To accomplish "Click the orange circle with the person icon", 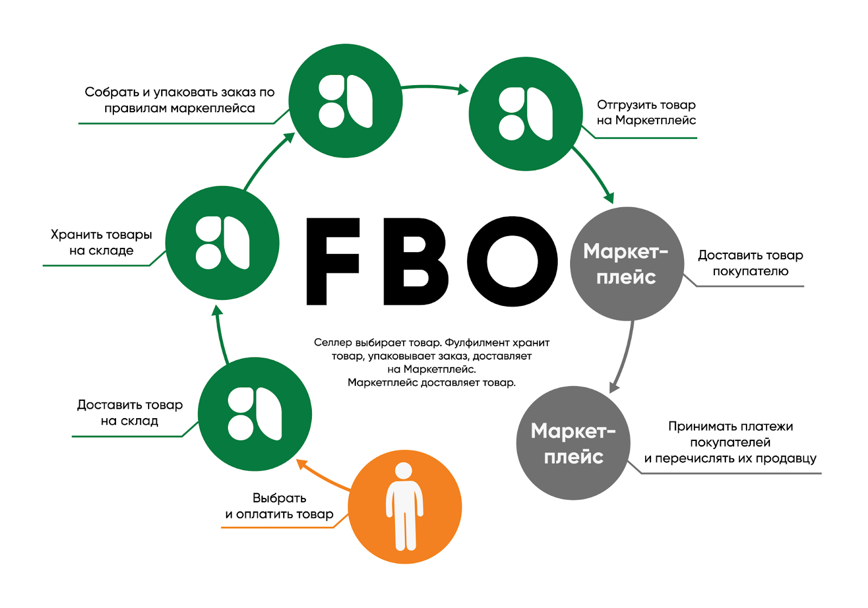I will click(x=405, y=507).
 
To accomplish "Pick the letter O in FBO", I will click(x=512, y=261).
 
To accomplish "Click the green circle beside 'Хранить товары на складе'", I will click(x=222, y=242).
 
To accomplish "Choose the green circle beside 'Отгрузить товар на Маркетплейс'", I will click(x=525, y=114).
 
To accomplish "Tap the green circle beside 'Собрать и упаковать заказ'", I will click(x=346, y=101).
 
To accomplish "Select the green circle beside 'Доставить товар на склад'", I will click(x=255, y=414).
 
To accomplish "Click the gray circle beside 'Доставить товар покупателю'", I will click(x=627, y=264).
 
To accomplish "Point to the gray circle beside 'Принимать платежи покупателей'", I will click(x=573, y=443).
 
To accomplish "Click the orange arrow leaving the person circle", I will click(x=322, y=475).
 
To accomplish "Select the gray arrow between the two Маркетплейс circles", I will click(x=624, y=355).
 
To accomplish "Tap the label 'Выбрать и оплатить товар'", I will click(x=279, y=506).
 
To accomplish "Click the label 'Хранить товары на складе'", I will click(x=101, y=242).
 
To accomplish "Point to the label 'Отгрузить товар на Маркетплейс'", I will click(x=646, y=112).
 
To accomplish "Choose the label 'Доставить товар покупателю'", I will click(x=750, y=263).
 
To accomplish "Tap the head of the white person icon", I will click(x=404, y=470).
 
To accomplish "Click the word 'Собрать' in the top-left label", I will click(x=111, y=92).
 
